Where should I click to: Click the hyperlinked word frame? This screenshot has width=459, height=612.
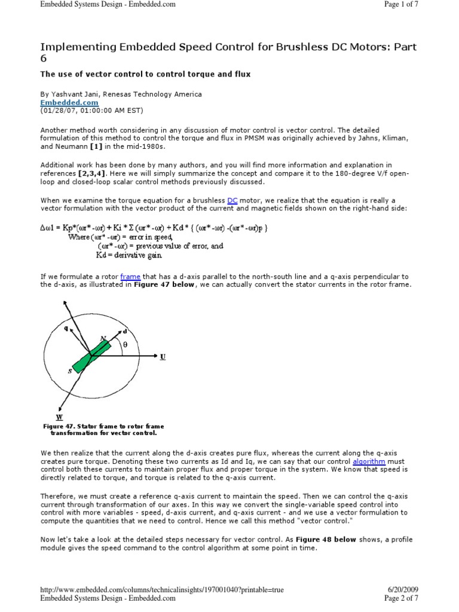130,277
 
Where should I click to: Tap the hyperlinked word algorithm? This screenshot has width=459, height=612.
369,462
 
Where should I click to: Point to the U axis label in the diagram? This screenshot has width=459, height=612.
163,357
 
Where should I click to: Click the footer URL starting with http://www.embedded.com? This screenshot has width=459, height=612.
161,590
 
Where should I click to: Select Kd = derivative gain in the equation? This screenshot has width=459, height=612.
128,255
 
